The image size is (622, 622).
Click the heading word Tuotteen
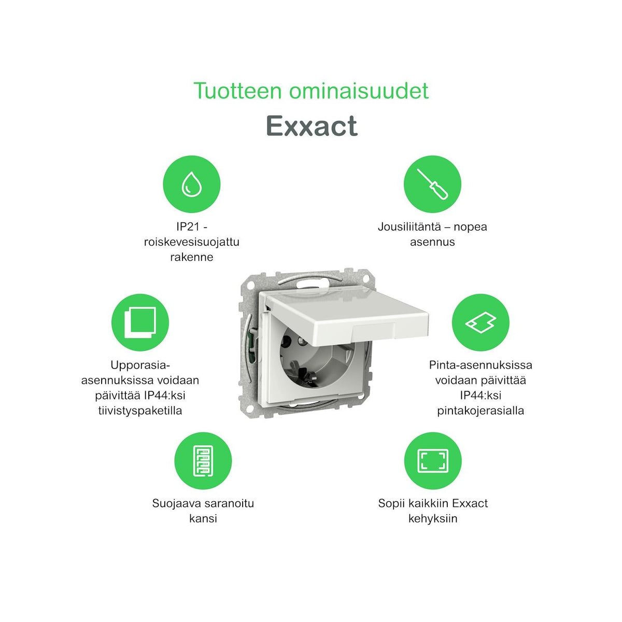click(238, 91)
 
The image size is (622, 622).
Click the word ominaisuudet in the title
click(359, 91)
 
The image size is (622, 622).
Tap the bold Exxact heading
click(312, 126)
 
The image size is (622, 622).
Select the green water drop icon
click(192, 184)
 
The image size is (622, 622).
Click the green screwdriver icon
click(432, 184)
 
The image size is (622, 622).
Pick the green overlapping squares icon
click(140, 322)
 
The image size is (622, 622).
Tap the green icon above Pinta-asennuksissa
click(480, 322)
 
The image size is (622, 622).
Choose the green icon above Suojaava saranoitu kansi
click(203, 461)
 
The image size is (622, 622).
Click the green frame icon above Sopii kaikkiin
click(432, 461)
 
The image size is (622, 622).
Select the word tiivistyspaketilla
click(140, 411)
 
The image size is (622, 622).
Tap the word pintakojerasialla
click(480, 411)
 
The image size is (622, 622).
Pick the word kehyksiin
click(433, 518)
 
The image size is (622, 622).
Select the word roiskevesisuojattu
click(192, 242)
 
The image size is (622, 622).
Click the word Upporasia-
click(140, 365)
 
